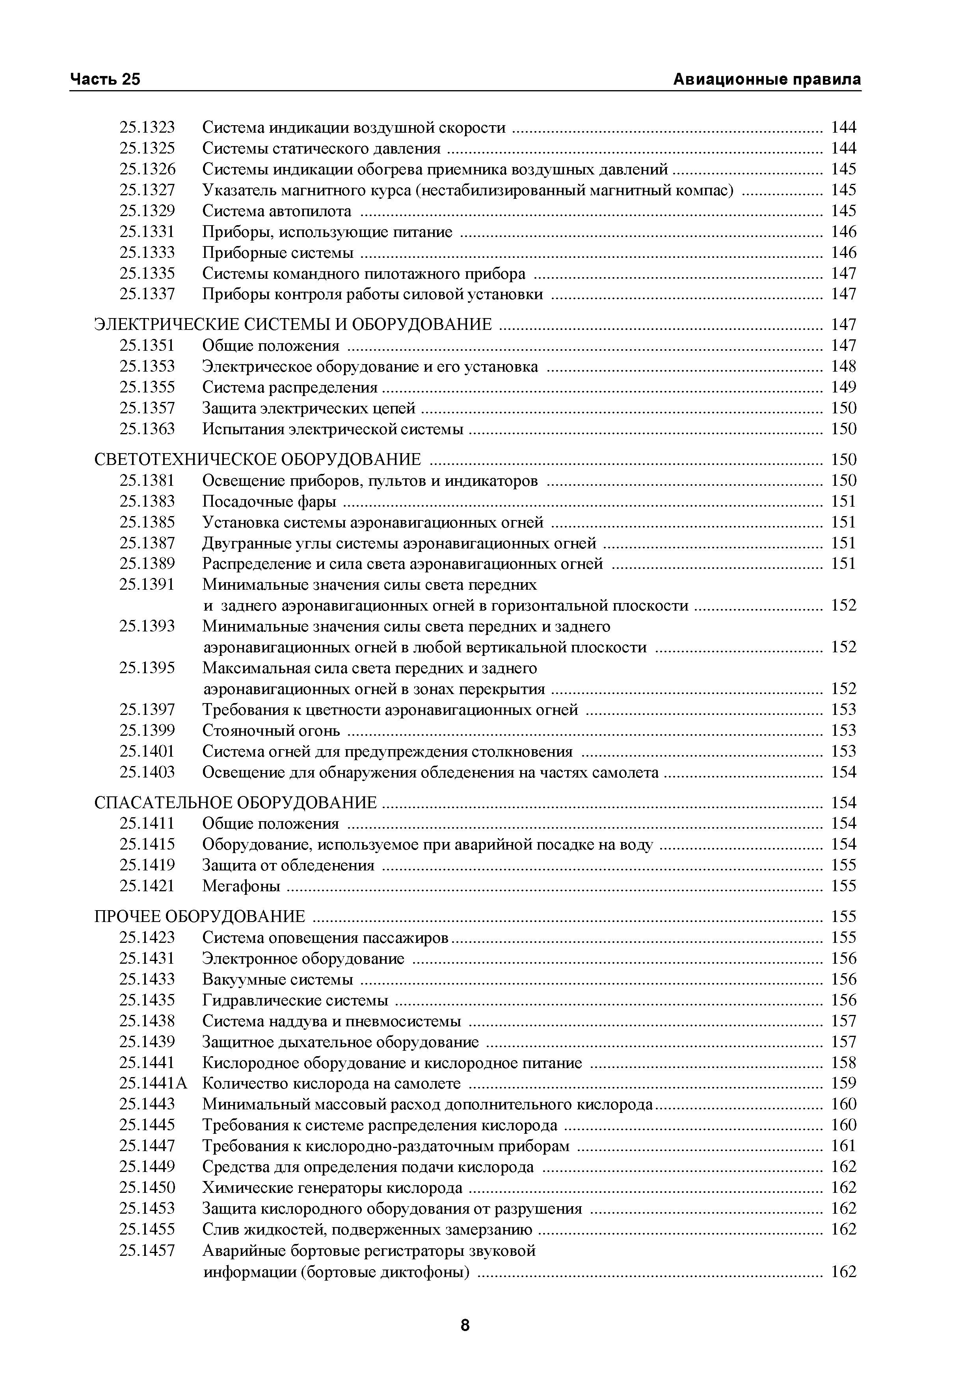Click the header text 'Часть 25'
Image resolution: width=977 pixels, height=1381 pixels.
click(105, 80)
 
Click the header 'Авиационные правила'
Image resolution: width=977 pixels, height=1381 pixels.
click(766, 80)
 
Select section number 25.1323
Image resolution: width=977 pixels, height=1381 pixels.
click(147, 128)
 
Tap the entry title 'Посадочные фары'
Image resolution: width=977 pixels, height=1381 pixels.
click(269, 502)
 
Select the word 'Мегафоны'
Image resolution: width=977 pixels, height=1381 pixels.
click(241, 886)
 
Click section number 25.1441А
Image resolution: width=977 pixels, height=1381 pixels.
click(153, 1083)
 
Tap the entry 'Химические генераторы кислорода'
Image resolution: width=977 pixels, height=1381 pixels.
click(332, 1188)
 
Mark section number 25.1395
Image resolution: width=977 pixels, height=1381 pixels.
click(147, 668)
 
